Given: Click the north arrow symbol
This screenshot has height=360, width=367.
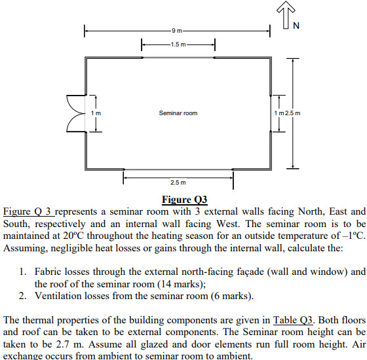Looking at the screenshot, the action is [x=286, y=14].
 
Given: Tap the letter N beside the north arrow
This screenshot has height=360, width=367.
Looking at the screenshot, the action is [x=296, y=26].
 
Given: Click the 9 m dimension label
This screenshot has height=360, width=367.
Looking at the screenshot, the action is [x=177, y=31].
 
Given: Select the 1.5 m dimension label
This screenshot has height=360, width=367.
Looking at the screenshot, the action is [x=178, y=45].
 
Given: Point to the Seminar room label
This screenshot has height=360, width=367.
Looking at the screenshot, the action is [x=178, y=113].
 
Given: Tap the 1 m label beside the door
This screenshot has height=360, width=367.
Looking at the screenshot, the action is [x=96, y=113].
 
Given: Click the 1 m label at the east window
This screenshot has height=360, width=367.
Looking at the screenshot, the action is [x=279, y=113].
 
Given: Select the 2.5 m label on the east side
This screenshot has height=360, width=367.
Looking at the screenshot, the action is [x=292, y=113].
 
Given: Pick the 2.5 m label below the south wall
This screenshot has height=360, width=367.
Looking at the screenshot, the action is [x=178, y=183].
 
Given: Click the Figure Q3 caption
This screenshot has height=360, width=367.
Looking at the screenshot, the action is [x=185, y=200].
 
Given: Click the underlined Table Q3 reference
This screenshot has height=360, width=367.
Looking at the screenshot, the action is [x=293, y=320].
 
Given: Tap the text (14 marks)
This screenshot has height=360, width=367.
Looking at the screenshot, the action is [x=182, y=284].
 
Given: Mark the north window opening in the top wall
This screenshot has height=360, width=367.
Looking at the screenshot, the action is [x=178, y=58].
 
